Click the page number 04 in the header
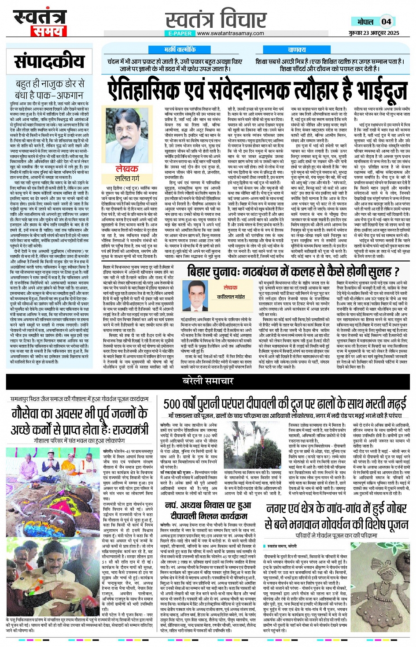tap(386, 21)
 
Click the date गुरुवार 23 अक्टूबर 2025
tap(374, 33)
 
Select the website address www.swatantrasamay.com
tap(230, 33)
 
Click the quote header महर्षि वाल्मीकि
tap(180, 50)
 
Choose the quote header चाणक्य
tap(297, 50)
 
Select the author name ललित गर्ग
tap(127, 178)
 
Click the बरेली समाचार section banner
tap(208, 380)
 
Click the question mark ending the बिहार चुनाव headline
tap(395, 271)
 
